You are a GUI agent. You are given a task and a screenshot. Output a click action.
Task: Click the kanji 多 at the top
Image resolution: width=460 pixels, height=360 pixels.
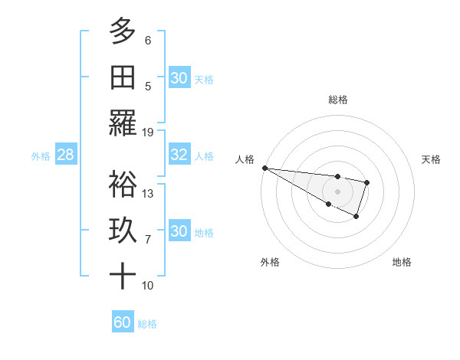tap(123, 31)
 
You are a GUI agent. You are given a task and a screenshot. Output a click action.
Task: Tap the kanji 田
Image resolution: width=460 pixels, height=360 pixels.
tap(123, 77)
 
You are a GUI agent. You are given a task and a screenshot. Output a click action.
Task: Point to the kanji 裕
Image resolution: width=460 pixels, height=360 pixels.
tap(123, 184)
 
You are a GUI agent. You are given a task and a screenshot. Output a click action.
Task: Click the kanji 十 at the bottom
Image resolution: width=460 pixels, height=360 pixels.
tap(123, 276)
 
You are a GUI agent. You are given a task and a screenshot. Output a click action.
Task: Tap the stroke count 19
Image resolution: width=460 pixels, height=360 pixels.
tap(148, 132)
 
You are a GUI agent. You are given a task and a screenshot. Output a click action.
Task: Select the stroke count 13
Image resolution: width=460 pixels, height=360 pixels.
tap(148, 193)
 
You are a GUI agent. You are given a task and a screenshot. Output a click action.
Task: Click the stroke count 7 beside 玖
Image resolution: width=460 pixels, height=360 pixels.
tap(148, 239)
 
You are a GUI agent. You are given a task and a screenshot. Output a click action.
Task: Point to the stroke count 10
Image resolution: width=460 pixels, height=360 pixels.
tap(148, 285)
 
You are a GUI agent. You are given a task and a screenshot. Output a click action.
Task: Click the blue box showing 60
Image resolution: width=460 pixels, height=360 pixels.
tap(123, 322)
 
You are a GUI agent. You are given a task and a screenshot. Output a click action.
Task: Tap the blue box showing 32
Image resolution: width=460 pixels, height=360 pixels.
tap(179, 155)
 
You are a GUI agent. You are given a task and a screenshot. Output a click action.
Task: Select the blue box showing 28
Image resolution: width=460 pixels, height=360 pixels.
tap(66, 155)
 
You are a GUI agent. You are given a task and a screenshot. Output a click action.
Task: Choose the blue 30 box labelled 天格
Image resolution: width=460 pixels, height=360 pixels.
tap(179, 78)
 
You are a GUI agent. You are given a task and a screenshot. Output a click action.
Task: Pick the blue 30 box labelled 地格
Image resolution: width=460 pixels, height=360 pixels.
tap(179, 231)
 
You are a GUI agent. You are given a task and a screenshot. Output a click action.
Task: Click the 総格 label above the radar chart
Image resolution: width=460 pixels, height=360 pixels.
tap(337, 100)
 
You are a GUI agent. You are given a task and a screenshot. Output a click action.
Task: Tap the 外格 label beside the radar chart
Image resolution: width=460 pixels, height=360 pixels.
tap(270, 262)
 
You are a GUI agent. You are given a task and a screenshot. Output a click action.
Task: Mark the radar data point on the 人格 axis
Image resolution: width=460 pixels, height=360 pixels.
tap(264, 168)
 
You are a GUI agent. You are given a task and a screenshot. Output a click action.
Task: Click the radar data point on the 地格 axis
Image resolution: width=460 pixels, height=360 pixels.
tap(356, 218)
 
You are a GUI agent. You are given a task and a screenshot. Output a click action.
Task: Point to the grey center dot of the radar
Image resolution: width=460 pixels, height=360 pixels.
tap(337, 191)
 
